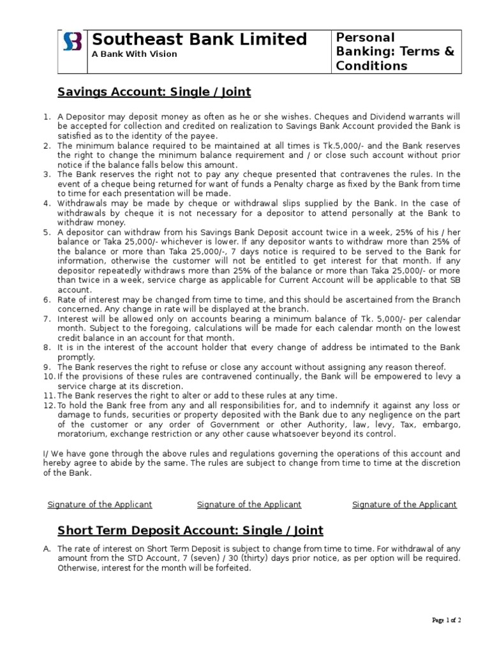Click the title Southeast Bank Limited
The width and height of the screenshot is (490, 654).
click(x=199, y=39)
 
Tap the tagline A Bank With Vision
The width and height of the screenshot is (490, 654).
click(x=135, y=54)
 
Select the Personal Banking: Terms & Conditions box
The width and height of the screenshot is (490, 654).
click(x=395, y=52)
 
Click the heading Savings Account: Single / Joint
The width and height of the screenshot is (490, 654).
click(x=154, y=92)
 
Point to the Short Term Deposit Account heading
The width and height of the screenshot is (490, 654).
click(x=190, y=530)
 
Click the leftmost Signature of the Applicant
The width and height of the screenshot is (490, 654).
click(x=100, y=505)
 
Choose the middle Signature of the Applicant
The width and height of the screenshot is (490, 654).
click(x=249, y=505)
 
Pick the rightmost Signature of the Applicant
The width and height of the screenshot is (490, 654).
click(x=405, y=505)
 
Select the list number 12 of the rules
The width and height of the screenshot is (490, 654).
click(x=48, y=406)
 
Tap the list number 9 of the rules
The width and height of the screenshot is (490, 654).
click(x=47, y=367)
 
